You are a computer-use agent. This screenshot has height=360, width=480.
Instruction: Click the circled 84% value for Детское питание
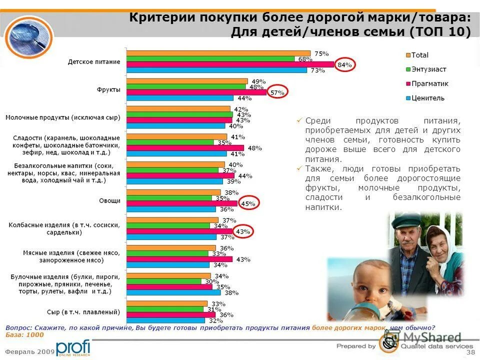point(344,64)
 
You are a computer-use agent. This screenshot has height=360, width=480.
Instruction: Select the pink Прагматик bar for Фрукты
point(196,92)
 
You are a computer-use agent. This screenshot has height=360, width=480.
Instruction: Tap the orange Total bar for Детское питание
point(218,53)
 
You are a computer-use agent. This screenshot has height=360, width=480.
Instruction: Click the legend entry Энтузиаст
point(428,69)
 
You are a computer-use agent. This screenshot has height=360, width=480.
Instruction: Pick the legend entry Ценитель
point(427,98)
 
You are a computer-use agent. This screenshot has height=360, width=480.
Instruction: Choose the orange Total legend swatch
point(407,55)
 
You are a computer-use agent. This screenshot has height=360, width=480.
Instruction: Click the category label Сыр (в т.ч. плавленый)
point(87,312)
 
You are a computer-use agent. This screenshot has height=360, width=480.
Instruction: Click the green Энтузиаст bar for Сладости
point(169,142)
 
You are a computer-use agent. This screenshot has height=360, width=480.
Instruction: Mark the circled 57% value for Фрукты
point(277,92)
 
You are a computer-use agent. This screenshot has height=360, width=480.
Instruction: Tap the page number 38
point(470,352)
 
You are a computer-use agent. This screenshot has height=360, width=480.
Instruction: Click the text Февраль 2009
point(29,352)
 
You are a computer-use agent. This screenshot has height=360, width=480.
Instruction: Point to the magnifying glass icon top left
point(29,36)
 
